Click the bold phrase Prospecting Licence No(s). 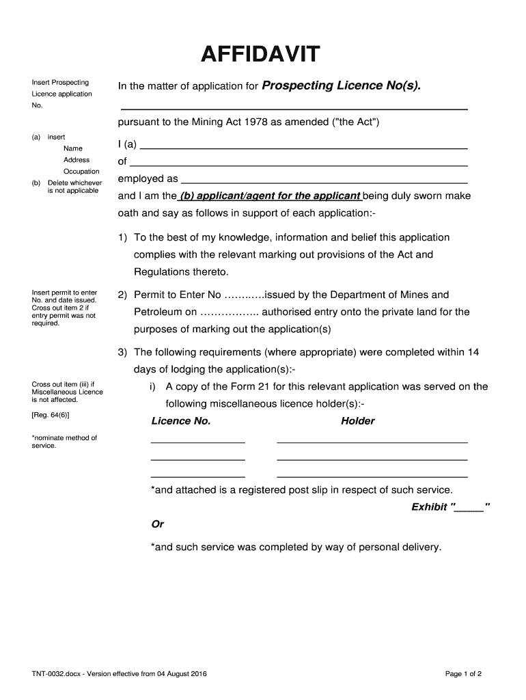[342, 86]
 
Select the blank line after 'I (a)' [303, 148]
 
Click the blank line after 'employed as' [324, 183]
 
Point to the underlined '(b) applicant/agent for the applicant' [269, 196]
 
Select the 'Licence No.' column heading [180, 421]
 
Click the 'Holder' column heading [358, 421]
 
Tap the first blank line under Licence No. [197, 442]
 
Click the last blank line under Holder [372, 476]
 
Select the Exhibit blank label [450, 507]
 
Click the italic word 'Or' [157, 524]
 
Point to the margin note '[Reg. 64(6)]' [50, 416]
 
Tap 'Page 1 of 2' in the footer [463, 674]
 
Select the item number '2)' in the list [122, 295]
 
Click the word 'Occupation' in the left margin [81, 172]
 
